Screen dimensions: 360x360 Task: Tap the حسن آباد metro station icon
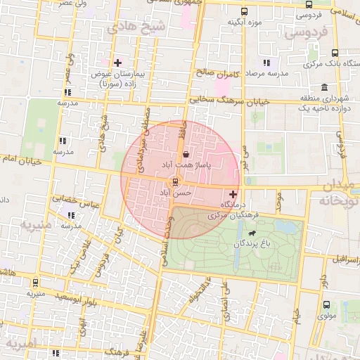tap(175, 181)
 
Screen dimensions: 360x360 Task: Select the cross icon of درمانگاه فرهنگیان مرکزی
tap(233, 193)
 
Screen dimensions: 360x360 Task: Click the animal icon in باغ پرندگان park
tap(251, 233)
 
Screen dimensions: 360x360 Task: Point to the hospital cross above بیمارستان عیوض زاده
tap(117, 63)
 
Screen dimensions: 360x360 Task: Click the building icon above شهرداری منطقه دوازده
tap(323, 88)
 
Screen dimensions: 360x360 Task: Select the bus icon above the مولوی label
tap(327, 305)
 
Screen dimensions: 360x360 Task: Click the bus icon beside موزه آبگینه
tap(244, 12)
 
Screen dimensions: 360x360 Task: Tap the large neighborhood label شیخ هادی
tap(135, 27)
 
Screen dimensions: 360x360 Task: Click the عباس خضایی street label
tap(80, 200)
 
